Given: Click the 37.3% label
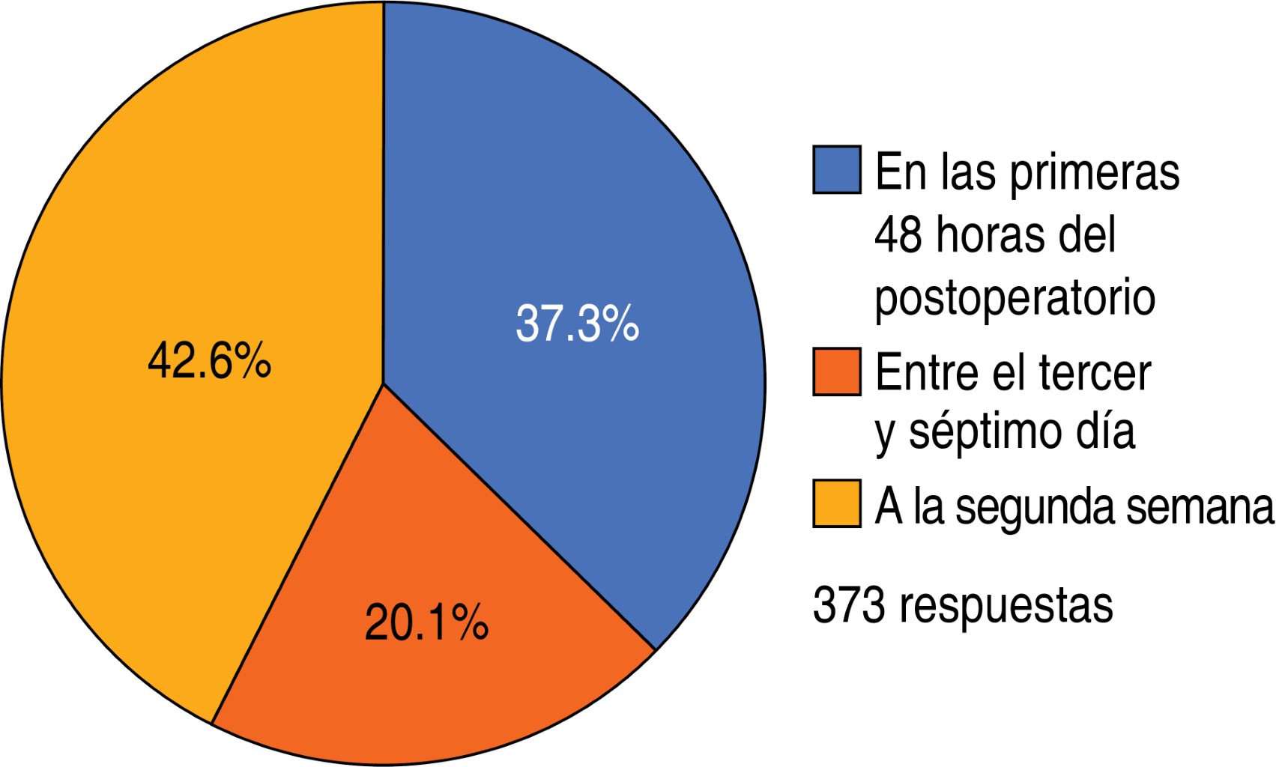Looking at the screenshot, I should [x=577, y=324].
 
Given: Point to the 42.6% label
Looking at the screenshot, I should [x=209, y=361].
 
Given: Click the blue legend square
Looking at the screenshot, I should [x=836, y=171].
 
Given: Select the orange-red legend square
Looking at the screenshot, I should [x=836, y=372].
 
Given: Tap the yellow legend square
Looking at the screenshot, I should [x=836, y=503].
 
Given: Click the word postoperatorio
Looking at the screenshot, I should [x=1015, y=298].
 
